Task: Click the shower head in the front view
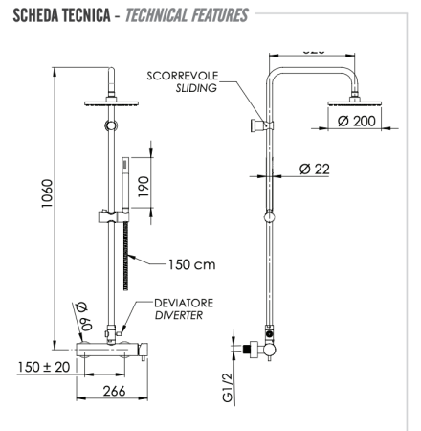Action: (114, 102)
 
